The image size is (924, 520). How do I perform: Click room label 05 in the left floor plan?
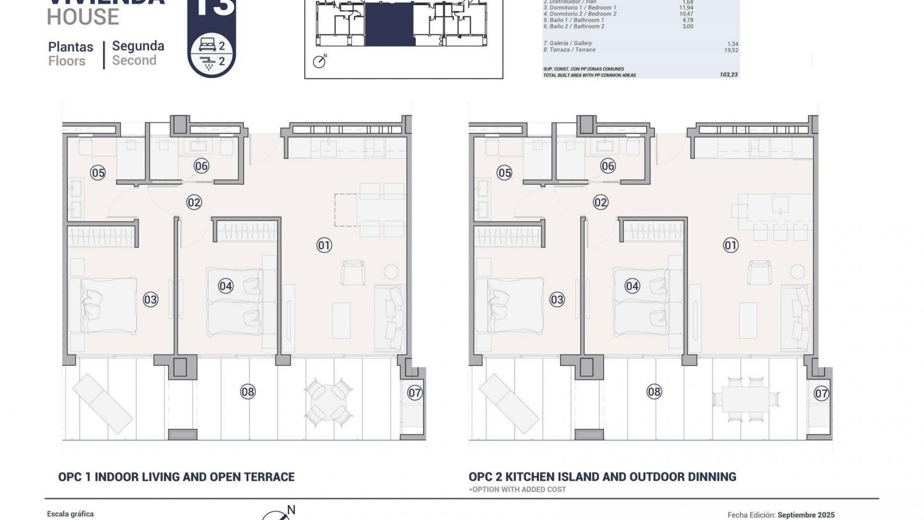point(98,172)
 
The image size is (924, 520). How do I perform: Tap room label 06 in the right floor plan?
point(608,166)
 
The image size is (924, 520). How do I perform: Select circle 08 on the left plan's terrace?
point(247,392)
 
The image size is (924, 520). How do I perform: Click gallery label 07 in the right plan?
point(821,393)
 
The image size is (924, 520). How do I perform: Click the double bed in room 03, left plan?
point(103,305)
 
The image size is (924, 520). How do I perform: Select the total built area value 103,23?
point(728,75)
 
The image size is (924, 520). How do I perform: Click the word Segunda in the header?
point(138,46)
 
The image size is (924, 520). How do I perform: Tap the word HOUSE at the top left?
point(83,17)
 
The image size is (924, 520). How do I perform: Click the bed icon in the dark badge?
point(207,46)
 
